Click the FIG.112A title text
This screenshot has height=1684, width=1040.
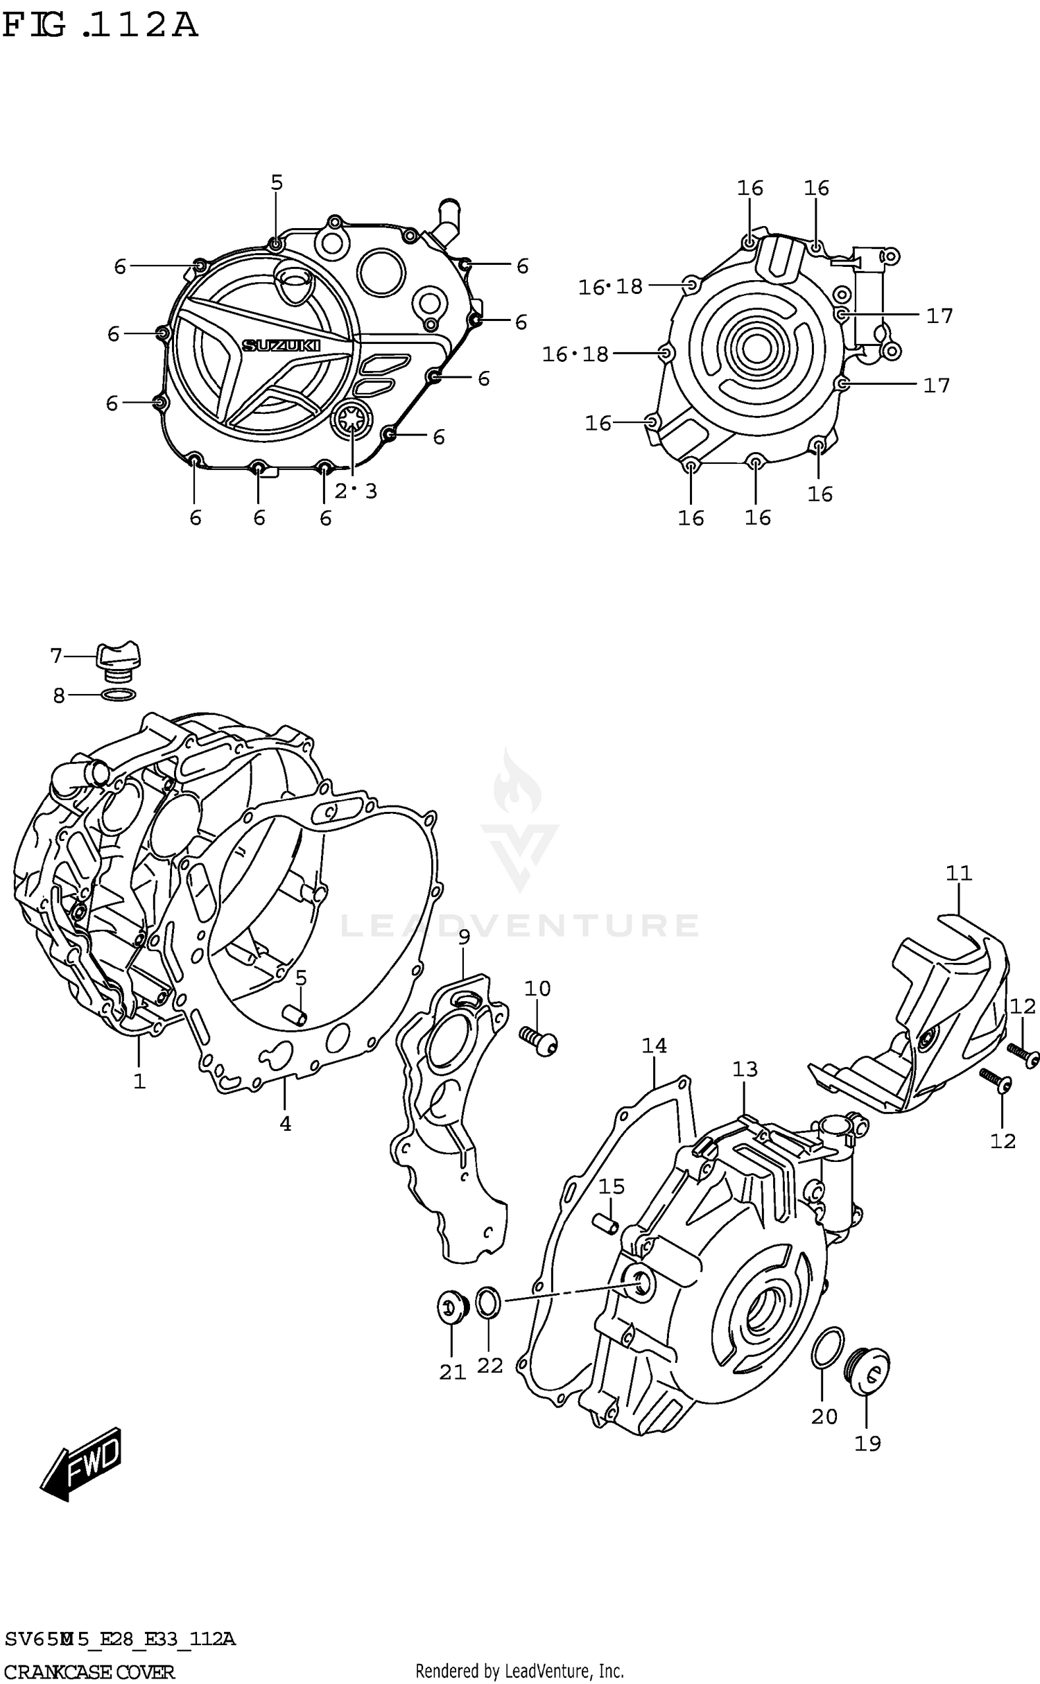101,26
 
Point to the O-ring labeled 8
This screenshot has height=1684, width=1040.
118,695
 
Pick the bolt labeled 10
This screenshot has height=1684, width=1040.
539,1041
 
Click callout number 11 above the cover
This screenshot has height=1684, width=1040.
959,873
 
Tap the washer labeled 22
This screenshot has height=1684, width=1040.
488,1302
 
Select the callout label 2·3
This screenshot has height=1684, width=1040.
356,491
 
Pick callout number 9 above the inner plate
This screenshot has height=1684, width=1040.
464,937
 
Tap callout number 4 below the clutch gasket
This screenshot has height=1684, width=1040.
285,1124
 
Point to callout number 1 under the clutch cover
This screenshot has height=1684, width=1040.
139,1081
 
